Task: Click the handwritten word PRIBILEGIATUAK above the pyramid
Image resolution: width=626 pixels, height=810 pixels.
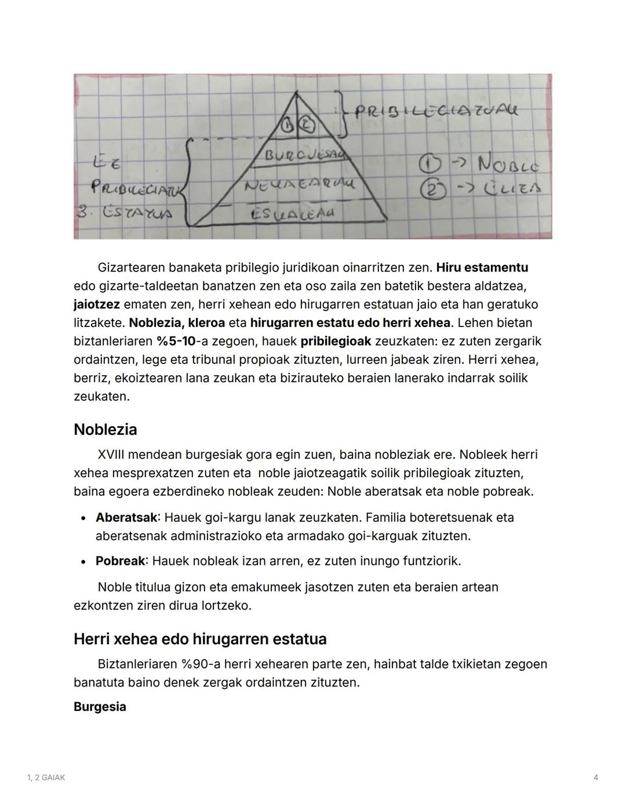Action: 436,111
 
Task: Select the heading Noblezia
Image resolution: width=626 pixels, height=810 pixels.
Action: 105,430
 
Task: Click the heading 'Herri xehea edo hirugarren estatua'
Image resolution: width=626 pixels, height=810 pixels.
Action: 200,639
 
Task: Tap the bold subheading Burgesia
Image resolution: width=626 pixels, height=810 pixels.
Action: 100,707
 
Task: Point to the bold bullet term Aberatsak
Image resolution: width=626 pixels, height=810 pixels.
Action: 126,517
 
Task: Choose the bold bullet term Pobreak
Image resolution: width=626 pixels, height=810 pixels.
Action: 120,561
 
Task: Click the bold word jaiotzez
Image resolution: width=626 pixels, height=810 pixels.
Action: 96,304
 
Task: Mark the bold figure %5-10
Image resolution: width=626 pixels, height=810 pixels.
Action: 176,342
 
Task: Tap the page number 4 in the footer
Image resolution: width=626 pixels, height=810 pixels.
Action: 595,778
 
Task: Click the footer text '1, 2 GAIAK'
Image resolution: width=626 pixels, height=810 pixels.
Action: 46,778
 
